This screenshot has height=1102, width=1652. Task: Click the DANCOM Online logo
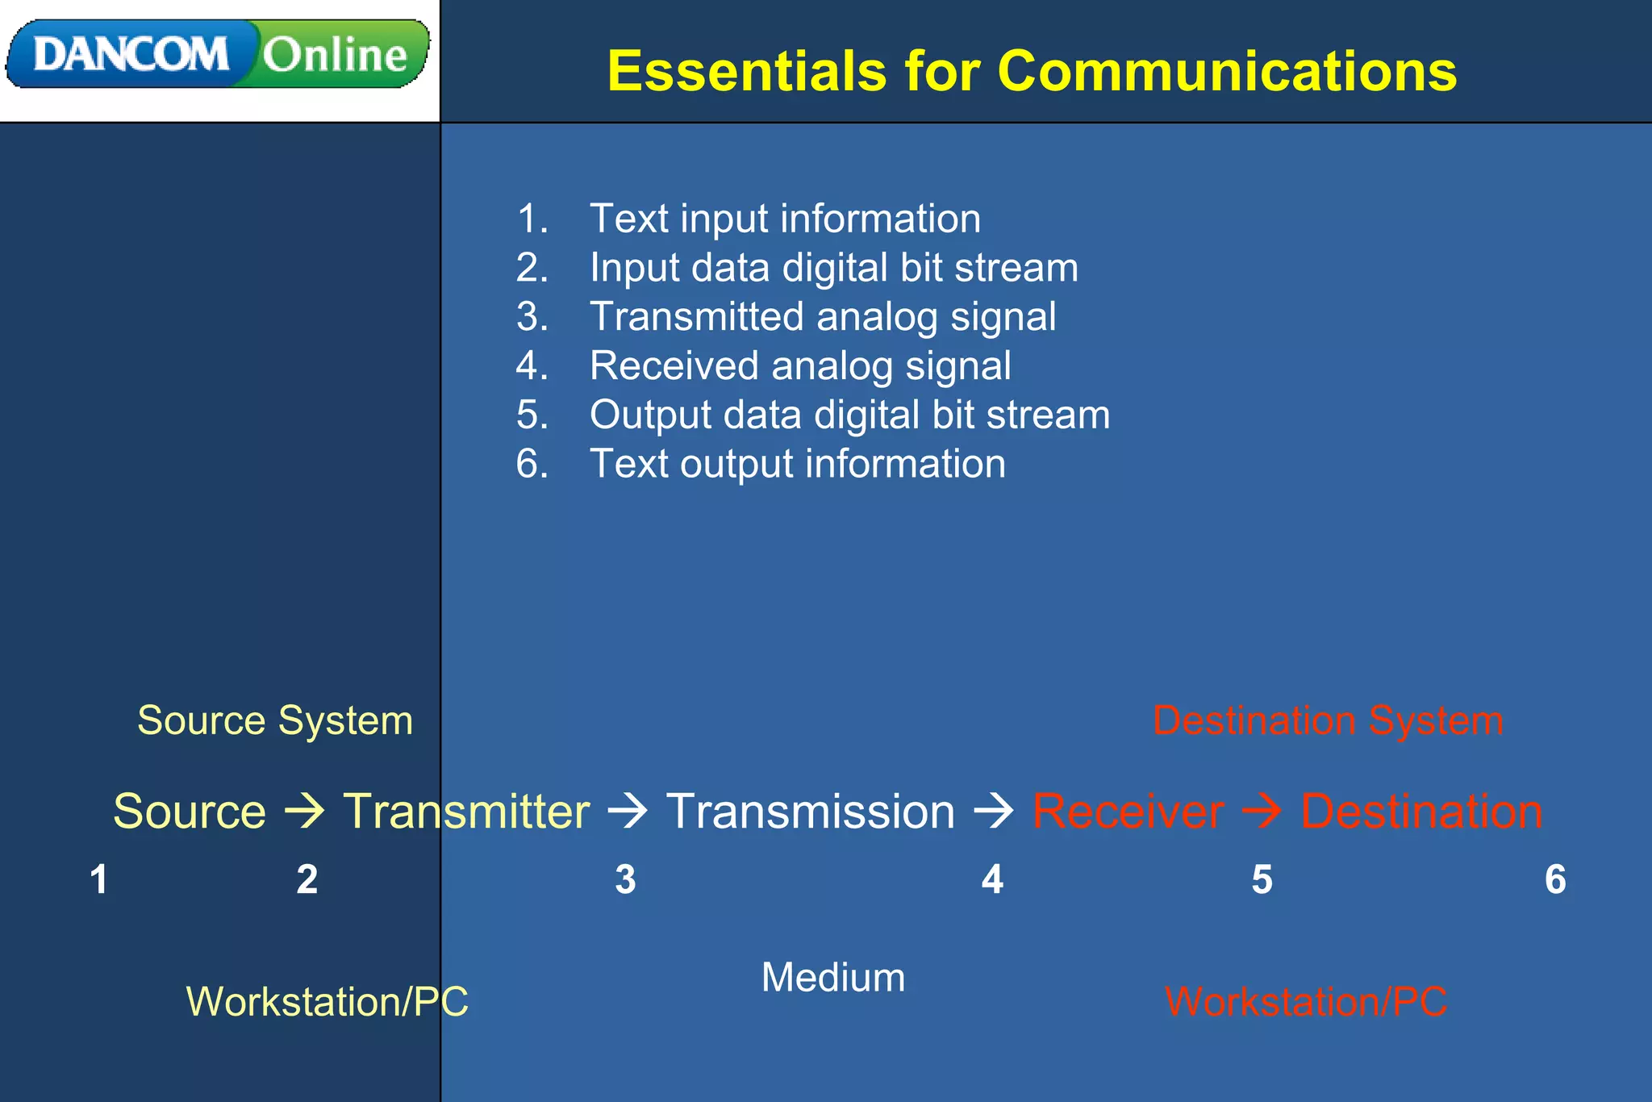click(x=218, y=54)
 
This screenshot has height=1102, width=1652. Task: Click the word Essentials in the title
click(x=746, y=71)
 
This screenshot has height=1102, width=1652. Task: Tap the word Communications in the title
click(x=1226, y=71)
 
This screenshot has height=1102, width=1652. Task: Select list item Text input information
click(x=784, y=219)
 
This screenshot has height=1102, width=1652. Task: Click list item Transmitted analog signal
click(x=822, y=316)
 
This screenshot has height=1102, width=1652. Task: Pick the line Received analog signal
click(x=799, y=365)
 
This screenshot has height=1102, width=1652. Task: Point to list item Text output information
click(x=797, y=464)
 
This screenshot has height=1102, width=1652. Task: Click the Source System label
click(x=274, y=720)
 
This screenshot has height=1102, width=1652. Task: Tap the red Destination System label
click(x=1328, y=720)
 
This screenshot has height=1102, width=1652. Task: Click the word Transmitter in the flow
click(x=466, y=811)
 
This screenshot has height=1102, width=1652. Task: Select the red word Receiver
click(x=1128, y=811)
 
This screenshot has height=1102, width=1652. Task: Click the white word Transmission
click(x=810, y=811)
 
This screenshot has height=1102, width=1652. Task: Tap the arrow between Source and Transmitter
click(x=304, y=811)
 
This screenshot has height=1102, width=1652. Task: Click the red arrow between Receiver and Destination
click(x=1262, y=811)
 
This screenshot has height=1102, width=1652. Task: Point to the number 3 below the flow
click(x=625, y=879)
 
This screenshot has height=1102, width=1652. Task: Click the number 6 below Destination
click(x=1555, y=879)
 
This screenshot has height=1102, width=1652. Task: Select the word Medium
click(x=833, y=978)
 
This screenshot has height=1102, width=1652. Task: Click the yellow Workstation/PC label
click(x=327, y=1002)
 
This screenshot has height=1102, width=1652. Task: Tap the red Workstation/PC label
click(x=1306, y=1002)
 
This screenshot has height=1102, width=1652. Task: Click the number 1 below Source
click(x=98, y=879)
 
